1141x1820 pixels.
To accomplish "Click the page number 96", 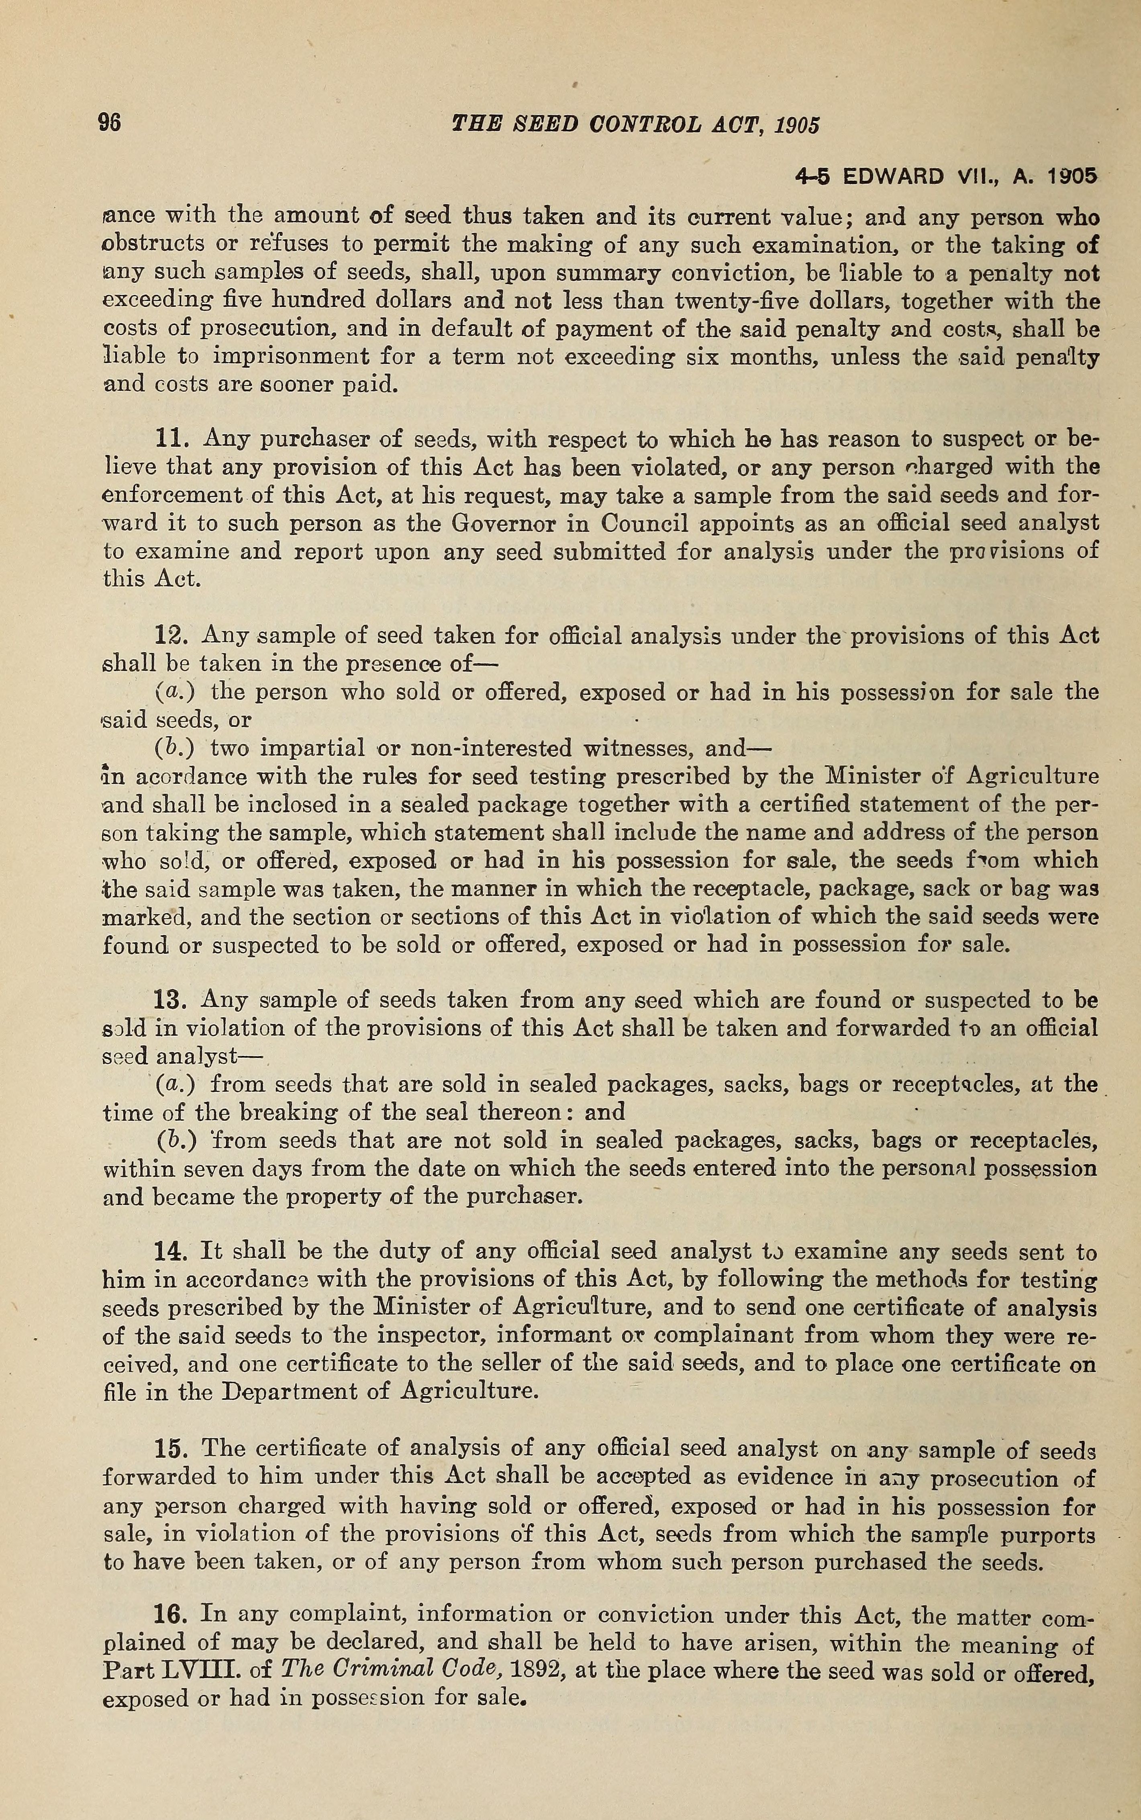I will click(x=109, y=123).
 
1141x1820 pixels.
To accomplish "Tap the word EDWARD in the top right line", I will click(x=893, y=177).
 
